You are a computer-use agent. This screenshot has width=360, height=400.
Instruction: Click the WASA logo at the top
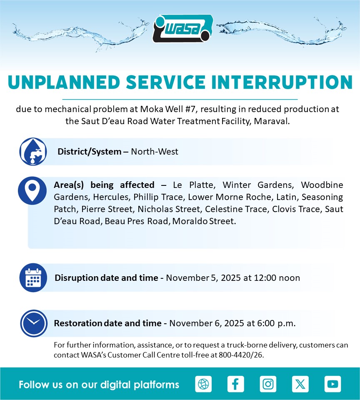point(183,28)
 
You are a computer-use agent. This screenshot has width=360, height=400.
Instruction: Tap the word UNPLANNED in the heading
point(64,82)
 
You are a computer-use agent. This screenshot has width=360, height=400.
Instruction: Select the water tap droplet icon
point(33,152)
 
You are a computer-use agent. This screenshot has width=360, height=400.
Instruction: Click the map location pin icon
point(32,190)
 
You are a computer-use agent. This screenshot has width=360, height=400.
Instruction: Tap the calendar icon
point(33,277)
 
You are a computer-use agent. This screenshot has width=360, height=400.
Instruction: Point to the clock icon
point(34,323)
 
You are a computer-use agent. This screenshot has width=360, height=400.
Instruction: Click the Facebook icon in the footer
point(235,384)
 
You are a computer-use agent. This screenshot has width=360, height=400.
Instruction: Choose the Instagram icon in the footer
point(268,384)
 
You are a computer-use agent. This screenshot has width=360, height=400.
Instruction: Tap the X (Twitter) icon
point(300,384)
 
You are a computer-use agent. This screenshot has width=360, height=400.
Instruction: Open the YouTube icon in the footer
point(332,384)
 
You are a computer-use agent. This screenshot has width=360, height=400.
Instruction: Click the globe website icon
point(203,384)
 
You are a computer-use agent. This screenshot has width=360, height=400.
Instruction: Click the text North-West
point(154,152)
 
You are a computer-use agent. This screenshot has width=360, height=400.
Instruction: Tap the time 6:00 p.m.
point(276,323)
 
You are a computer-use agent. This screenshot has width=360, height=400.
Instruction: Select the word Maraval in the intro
point(272,121)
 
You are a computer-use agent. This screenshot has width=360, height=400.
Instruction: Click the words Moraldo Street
point(204,221)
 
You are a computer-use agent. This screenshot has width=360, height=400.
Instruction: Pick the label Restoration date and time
point(107,323)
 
